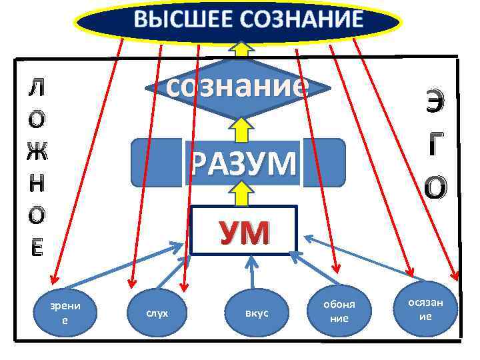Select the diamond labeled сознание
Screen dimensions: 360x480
point(238,87)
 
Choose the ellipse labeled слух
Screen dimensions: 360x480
point(157,313)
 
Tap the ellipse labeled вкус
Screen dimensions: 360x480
point(257,313)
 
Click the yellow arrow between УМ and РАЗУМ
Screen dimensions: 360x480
point(242,195)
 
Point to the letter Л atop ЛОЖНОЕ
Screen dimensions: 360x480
point(38,87)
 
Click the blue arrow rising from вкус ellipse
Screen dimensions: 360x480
point(251,273)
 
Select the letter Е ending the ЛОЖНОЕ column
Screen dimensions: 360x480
point(38,247)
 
